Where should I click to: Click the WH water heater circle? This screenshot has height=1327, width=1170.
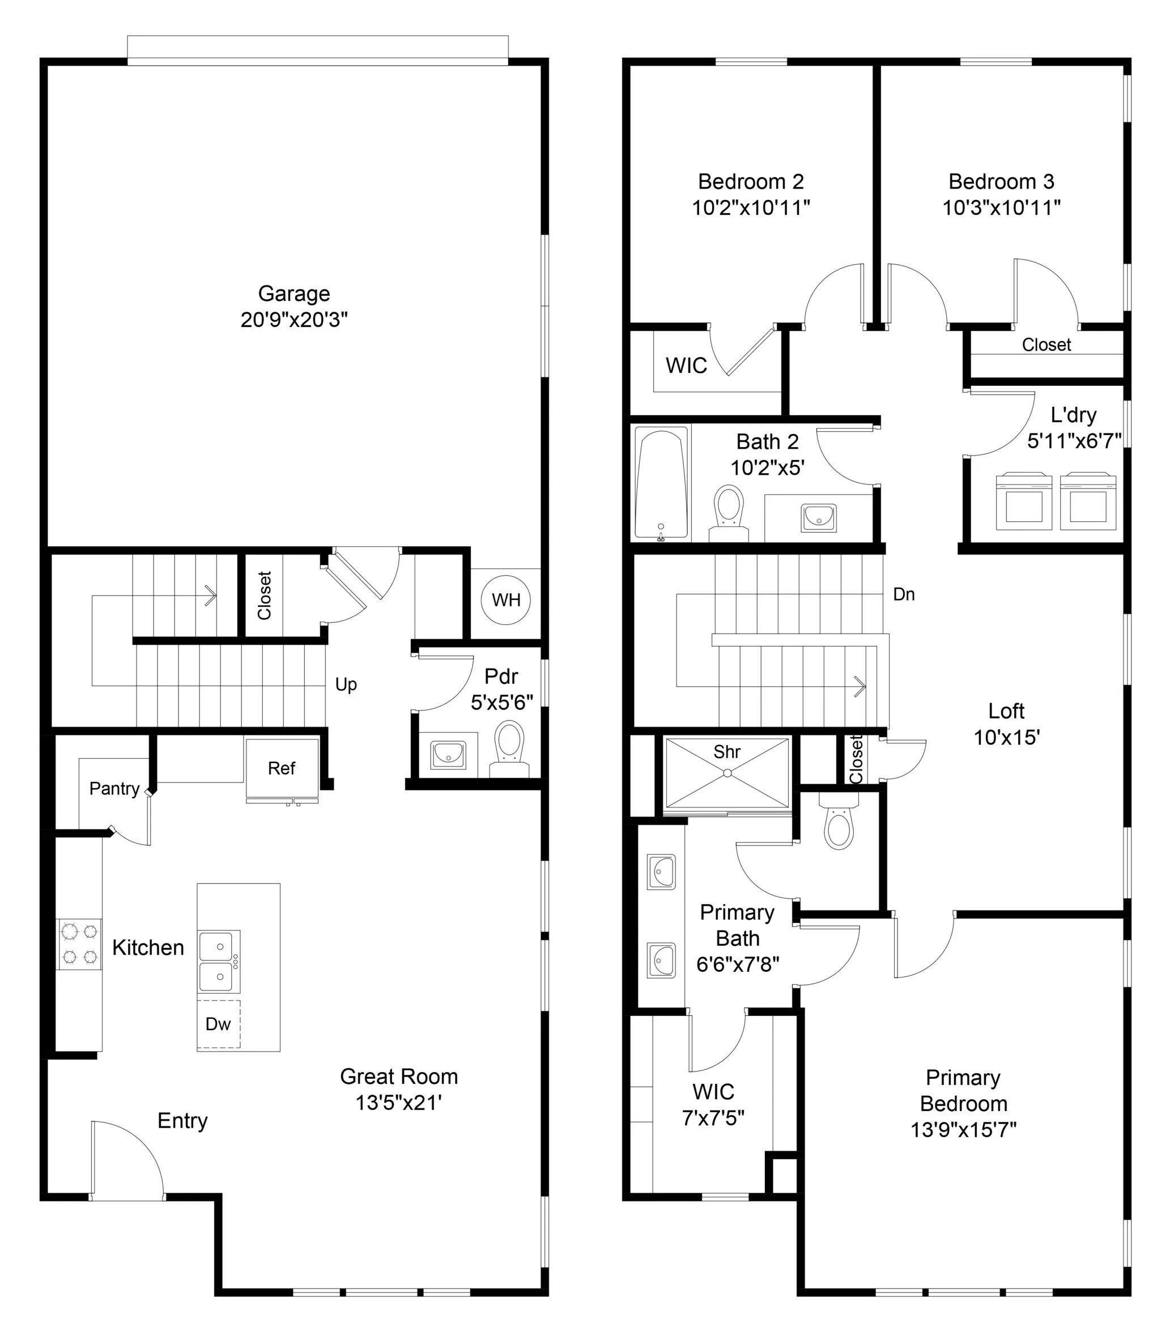coord(505,600)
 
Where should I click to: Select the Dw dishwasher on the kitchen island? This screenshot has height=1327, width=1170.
coord(219,1024)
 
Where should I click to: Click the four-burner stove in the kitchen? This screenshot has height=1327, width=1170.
coord(80,944)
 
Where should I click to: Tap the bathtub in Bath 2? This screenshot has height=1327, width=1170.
coord(661,483)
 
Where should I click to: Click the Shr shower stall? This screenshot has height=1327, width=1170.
coord(727,773)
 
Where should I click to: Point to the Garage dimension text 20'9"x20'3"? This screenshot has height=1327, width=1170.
coord(294,320)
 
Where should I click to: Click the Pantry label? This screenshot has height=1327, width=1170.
coord(114,788)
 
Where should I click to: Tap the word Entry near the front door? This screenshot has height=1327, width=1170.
coord(182,1121)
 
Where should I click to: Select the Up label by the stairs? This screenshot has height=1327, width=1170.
coord(346,684)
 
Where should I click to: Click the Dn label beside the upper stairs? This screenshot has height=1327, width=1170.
coord(904,594)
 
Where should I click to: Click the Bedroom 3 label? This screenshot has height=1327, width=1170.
coord(1001,181)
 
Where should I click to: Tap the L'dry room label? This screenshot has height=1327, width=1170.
coord(1073,415)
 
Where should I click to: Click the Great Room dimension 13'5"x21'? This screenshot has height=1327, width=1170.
coord(399,1103)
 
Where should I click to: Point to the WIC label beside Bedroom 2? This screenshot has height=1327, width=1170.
coord(686,365)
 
